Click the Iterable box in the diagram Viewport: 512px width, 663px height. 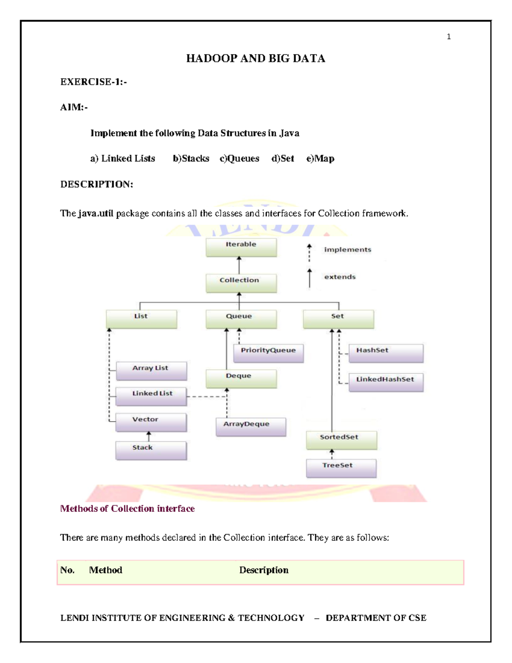tap(241, 247)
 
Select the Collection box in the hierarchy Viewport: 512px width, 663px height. tap(241, 283)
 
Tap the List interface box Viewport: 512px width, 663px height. tap(141, 319)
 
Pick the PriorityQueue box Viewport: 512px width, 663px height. tap(268, 353)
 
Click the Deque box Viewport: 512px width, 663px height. tap(241, 379)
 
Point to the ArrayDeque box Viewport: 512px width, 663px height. tap(251, 426)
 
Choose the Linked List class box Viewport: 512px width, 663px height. tap(151, 396)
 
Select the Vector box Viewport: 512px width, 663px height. tap(151, 422)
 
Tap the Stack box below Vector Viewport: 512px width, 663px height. tap(151, 450)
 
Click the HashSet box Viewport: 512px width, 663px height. tap(386, 353)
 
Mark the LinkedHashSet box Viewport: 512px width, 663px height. tap(386, 382)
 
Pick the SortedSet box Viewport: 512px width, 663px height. tap(341, 440)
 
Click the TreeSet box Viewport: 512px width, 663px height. tap(341, 468)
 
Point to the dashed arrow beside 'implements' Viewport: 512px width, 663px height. tap(309, 253)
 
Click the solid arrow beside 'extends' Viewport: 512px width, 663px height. tap(309, 278)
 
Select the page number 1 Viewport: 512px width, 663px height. tap(448, 37)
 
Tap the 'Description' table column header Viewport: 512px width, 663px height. tap(264, 570)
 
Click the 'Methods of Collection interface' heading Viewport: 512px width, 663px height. tap(127, 508)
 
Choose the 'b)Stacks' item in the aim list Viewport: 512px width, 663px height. tap(191, 159)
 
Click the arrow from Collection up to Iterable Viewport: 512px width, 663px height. tap(239, 265)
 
